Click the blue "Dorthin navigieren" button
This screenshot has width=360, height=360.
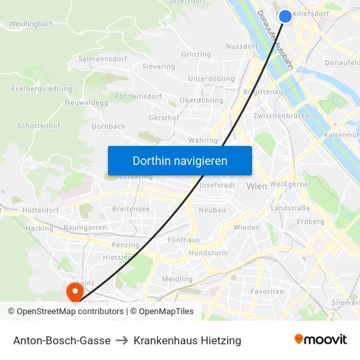pyautogui.click(x=180, y=160)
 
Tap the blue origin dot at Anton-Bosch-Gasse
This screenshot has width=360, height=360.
pyautogui.click(x=285, y=16)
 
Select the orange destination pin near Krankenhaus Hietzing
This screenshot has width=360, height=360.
pyautogui.click(x=74, y=289)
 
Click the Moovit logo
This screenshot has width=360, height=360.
pyautogui.click(x=321, y=340)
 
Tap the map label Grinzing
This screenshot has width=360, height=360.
pyautogui.click(x=196, y=54)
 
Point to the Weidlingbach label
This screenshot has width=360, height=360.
pyautogui.click(x=31, y=24)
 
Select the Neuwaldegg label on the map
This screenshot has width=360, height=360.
pyautogui.click(x=86, y=103)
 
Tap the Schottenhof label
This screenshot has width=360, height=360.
pyautogui.click(x=39, y=125)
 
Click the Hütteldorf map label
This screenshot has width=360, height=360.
pyautogui.click(x=41, y=210)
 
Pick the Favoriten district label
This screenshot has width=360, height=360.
pyautogui.click(x=268, y=291)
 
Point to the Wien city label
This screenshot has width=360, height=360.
pyautogui.click(x=257, y=187)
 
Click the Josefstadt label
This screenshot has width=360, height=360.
pyautogui.click(x=216, y=185)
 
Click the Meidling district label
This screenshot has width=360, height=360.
pyautogui.click(x=177, y=279)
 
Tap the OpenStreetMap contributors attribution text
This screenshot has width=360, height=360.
pyautogui.click(x=65, y=312)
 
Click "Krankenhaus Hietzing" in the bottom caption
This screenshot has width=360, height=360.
pyautogui.click(x=187, y=340)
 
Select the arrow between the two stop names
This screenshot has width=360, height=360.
pyautogui.click(x=122, y=340)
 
